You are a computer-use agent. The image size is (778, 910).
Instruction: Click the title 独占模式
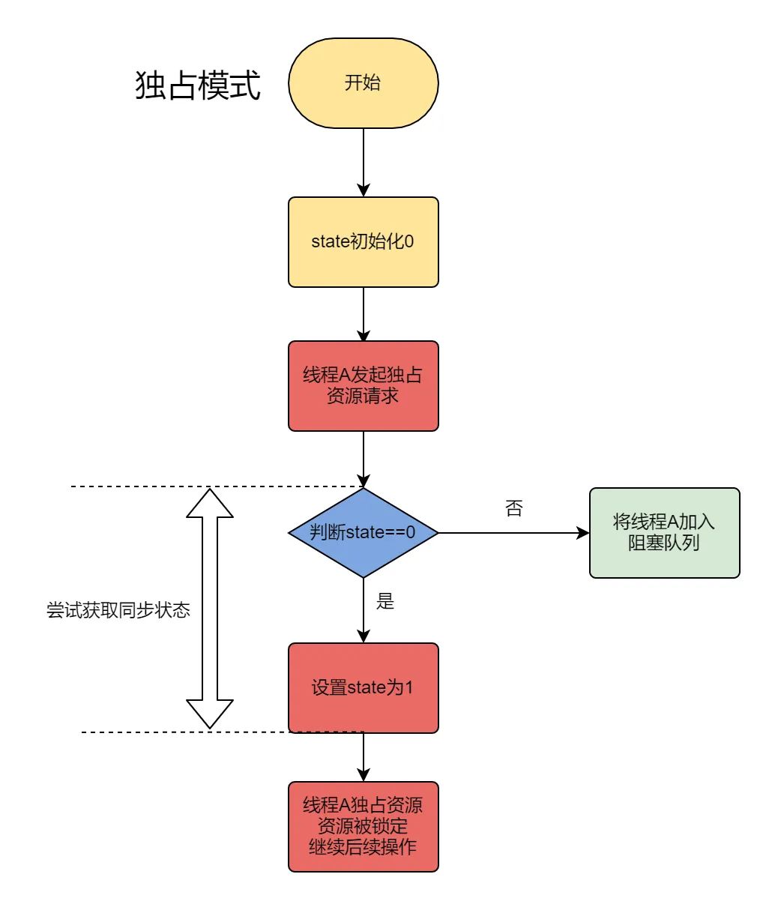tap(198, 85)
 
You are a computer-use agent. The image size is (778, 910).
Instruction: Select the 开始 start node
tap(363, 83)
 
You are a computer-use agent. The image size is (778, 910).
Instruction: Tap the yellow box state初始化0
tap(363, 242)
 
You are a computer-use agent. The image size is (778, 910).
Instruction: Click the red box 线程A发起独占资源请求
tap(363, 386)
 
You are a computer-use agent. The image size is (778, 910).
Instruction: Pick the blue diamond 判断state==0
tap(363, 533)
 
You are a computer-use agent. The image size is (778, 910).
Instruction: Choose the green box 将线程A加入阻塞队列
tap(664, 533)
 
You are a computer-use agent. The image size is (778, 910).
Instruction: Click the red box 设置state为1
tap(363, 687)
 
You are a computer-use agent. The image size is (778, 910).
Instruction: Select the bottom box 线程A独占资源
tap(363, 826)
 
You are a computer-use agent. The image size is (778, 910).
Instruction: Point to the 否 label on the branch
tap(513, 509)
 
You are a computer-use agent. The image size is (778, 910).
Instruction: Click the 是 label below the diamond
tap(385, 601)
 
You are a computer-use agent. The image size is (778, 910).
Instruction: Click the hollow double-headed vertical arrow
tap(210, 608)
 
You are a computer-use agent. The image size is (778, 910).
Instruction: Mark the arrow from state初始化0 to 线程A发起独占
tap(364, 314)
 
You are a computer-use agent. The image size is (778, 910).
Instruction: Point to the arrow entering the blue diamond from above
tap(364, 459)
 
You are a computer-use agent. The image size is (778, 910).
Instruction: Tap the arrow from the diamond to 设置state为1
tap(364, 610)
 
